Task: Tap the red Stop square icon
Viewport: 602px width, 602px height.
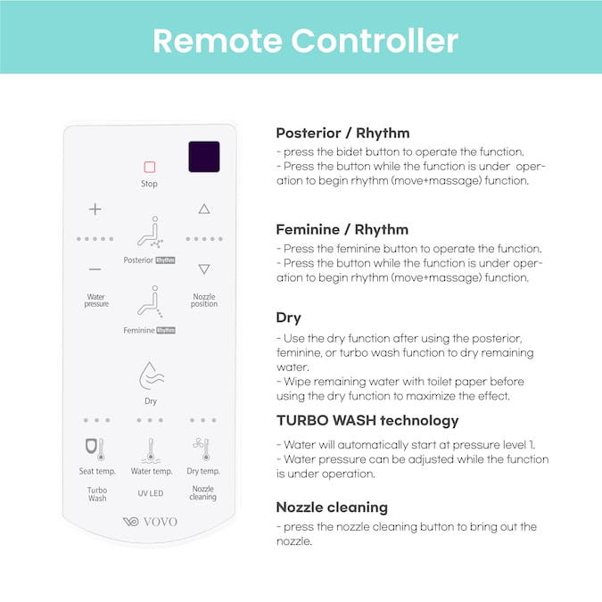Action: (149, 167)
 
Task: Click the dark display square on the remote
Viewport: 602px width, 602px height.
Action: (204, 157)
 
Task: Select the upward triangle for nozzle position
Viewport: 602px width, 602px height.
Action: (204, 209)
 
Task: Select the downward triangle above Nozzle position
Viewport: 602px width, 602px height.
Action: (204, 268)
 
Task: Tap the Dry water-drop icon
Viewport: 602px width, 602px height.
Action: (152, 375)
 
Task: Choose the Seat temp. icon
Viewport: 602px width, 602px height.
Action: (95, 449)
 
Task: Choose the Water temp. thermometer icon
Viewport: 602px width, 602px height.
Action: (151, 450)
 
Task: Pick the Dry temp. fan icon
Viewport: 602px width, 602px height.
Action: (202, 449)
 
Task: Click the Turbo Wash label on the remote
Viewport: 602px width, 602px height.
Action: (97, 494)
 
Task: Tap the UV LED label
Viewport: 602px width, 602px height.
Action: (151, 493)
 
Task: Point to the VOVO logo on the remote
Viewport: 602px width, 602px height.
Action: (150, 522)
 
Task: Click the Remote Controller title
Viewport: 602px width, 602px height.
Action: (306, 40)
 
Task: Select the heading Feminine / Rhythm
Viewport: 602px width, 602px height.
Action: (342, 229)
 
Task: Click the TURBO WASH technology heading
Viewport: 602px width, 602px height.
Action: (367, 421)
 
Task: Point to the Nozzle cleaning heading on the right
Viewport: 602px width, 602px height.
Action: (332, 507)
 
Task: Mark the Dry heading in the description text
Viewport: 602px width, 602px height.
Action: (288, 317)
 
